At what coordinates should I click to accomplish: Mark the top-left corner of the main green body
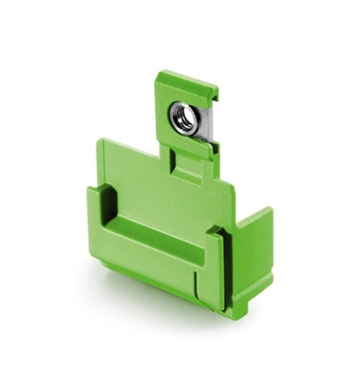[100, 142]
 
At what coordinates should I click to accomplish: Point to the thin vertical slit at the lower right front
[196, 283]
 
